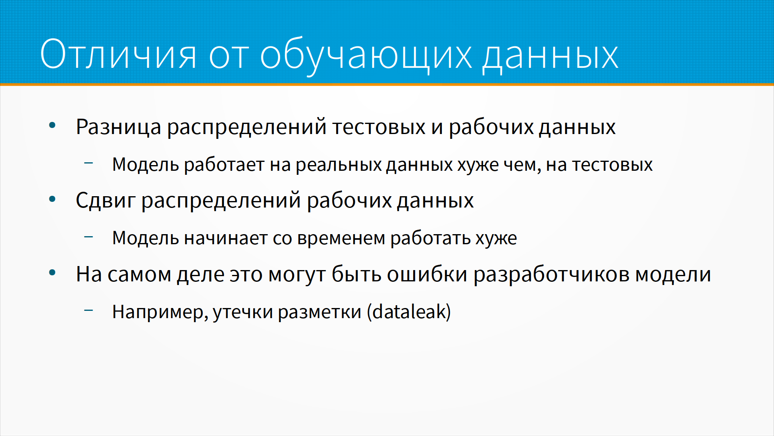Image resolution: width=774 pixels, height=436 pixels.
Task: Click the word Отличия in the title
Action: tap(118, 54)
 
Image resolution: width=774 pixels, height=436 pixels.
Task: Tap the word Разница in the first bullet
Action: tap(119, 128)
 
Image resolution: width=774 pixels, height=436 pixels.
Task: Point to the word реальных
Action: tap(338, 165)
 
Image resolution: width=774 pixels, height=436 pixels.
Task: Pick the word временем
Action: tap(341, 238)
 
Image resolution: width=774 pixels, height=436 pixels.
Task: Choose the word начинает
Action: tap(226, 238)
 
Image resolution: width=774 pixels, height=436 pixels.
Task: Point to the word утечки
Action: tap(243, 312)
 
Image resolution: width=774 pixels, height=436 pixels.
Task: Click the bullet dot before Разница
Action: tap(52, 126)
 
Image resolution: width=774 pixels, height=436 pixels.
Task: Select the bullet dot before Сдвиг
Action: tap(52, 199)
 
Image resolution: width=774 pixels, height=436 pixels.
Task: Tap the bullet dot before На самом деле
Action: tap(52, 272)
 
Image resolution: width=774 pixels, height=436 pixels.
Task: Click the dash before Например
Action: tap(89, 310)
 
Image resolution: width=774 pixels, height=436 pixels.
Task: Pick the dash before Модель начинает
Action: tap(89, 237)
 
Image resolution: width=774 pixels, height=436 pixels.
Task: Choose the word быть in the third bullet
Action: tap(356, 274)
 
